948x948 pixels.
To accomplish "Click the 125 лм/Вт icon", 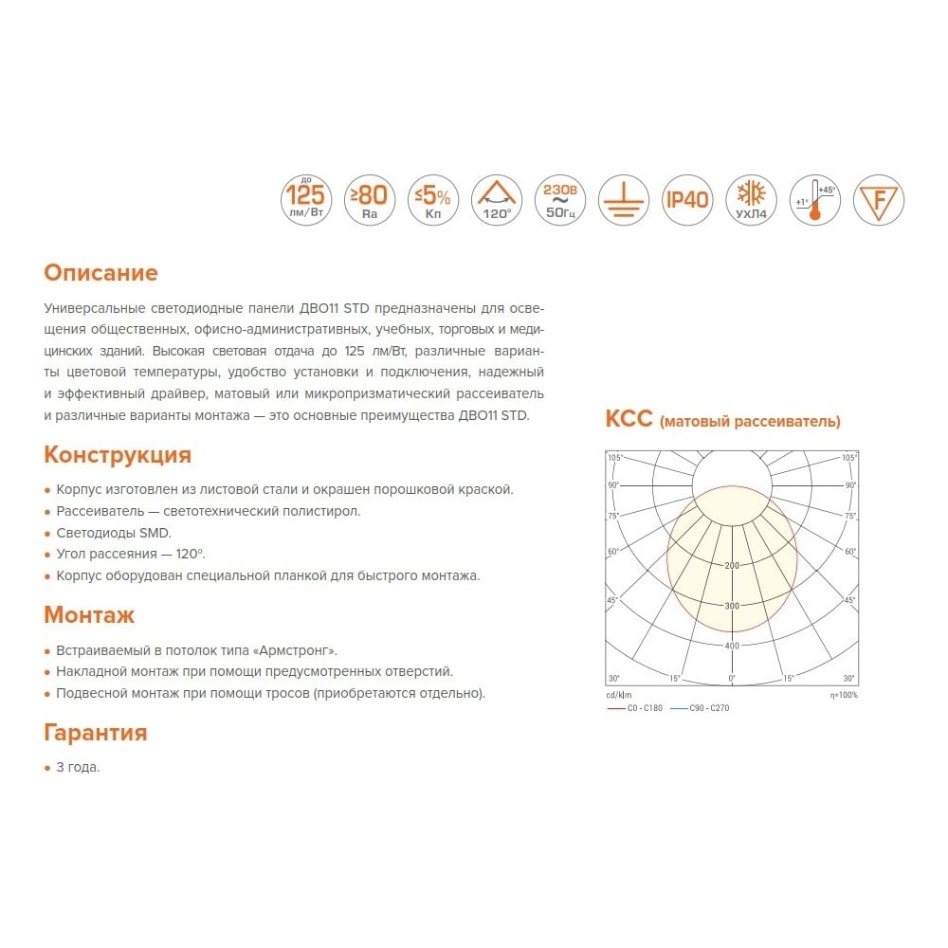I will click(306, 200).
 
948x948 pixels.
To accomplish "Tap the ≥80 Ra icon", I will click(370, 200).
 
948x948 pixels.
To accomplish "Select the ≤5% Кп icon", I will click(433, 200).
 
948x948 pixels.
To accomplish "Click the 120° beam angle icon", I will click(497, 200).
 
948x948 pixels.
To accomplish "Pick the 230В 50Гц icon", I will click(560, 200).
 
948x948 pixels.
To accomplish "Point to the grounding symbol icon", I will click(624, 200).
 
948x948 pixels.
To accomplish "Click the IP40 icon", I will click(687, 200).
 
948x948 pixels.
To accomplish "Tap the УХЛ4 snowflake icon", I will click(751, 200).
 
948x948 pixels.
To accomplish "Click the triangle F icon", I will click(879, 200).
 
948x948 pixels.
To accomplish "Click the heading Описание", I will click(100, 273).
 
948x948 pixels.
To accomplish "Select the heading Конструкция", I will click(118, 455).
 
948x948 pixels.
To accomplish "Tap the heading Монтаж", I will click(89, 614).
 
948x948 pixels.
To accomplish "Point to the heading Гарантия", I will click(95, 733).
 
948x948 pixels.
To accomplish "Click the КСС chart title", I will click(722, 420).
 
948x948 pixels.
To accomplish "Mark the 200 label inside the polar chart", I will click(731, 566).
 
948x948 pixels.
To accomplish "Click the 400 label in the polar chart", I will click(731, 647).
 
